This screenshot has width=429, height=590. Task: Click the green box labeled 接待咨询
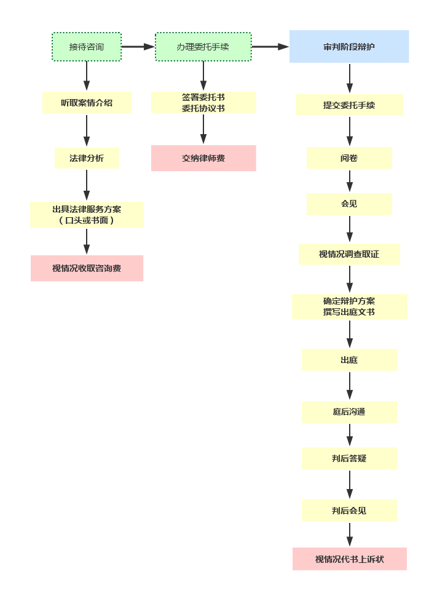[87, 47]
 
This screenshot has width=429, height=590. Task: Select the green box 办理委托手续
[203, 47]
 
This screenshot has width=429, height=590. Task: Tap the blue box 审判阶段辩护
[349, 47]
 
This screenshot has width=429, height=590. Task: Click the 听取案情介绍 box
[87, 103]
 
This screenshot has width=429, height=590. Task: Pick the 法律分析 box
[87, 158]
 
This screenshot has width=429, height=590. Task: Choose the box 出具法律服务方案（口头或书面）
[87, 215]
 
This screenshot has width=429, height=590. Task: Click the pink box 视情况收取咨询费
[87, 269]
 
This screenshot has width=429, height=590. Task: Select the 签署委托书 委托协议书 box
[203, 103]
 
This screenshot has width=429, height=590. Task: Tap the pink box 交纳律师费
[203, 158]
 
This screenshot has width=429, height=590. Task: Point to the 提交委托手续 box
[349, 105]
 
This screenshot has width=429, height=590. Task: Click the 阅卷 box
[349, 158]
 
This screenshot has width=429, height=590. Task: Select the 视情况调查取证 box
[349, 254]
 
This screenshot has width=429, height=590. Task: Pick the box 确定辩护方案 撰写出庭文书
[349, 306]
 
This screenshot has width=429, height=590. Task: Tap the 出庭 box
[349, 360]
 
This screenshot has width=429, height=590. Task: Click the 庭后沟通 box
[349, 412]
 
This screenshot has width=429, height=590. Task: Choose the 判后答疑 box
[349, 458]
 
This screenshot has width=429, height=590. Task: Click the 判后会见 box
[349, 511]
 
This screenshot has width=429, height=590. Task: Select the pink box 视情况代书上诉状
[349, 559]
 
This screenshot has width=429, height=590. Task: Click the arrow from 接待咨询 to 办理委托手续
[138, 47]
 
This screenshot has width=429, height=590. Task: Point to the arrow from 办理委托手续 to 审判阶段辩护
[269, 47]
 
